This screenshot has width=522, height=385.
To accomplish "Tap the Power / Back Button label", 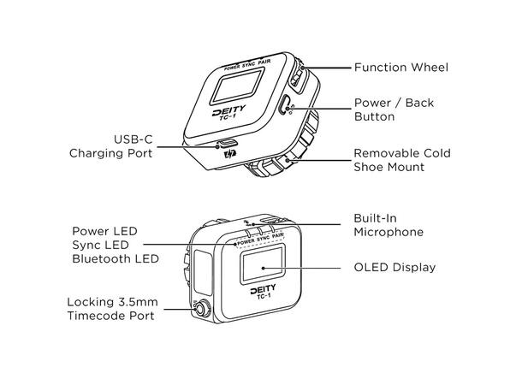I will pyautogui.click(x=394, y=110).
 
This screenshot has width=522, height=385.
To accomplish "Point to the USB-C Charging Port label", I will pyautogui.click(x=111, y=146).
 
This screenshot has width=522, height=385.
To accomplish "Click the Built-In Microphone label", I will pyautogui.click(x=389, y=225).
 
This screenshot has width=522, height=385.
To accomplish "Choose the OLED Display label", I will pyautogui.click(x=394, y=268).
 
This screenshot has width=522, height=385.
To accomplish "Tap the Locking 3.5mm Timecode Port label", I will pyautogui.click(x=111, y=309).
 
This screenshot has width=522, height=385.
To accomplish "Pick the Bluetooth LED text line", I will pyautogui.click(x=115, y=258).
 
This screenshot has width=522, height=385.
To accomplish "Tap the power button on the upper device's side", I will pyautogui.click(x=285, y=106).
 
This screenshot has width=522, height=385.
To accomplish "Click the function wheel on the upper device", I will pyautogui.click(x=296, y=76).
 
